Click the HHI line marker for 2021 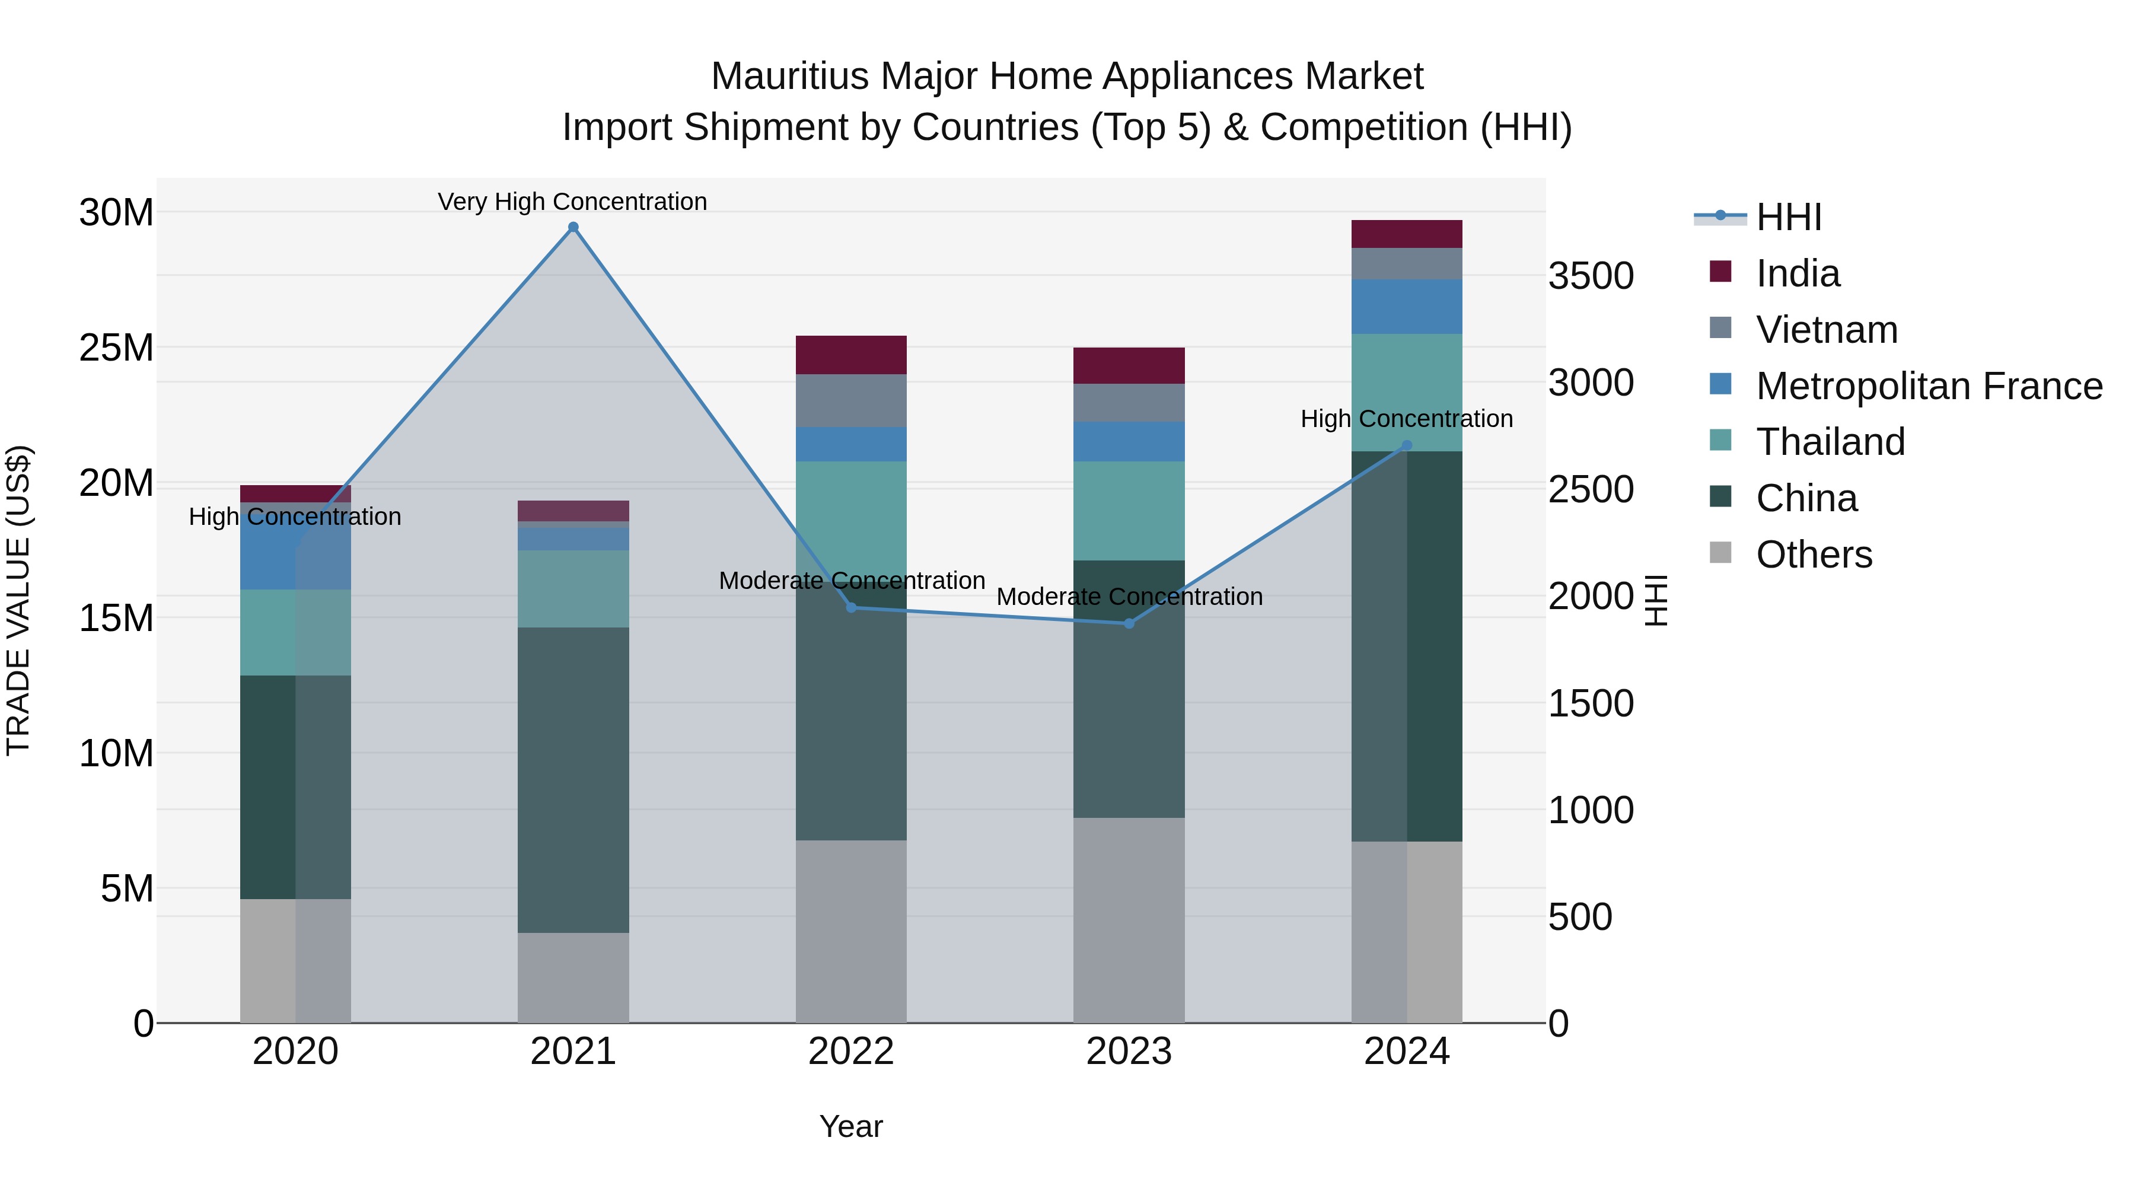(x=573, y=227)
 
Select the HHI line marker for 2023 (x=1129, y=623)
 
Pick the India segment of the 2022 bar (x=851, y=355)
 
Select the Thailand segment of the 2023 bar (x=1129, y=511)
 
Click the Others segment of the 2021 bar (x=573, y=977)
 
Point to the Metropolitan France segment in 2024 (x=1407, y=307)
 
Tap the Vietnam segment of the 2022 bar (x=851, y=400)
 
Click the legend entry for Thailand (x=1830, y=442)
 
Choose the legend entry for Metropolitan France (x=1929, y=386)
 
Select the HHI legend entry (x=1787, y=217)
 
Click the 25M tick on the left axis (x=116, y=348)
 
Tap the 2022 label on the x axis (x=851, y=1052)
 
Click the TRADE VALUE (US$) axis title (x=18, y=600)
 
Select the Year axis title (x=851, y=1126)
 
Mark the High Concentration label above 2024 (x=1407, y=419)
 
